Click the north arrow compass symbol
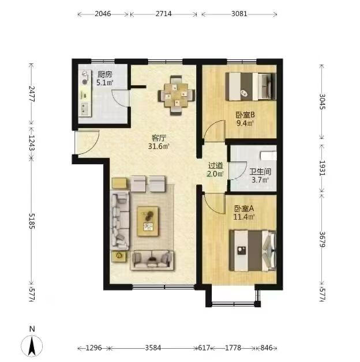pyautogui.click(x=32, y=346)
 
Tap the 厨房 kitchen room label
pyautogui.click(x=104, y=74)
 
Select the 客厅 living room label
pyautogui.click(x=159, y=138)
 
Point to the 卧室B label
pyautogui.click(x=245, y=115)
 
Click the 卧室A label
pyautogui.click(x=244, y=209)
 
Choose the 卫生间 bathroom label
pyautogui.click(x=260, y=172)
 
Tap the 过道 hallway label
pyautogui.click(x=215, y=165)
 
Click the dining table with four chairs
pyautogui.click(x=177, y=95)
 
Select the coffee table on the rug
pyautogui.click(x=148, y=221)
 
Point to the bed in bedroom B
pyautogui.click(x=251, y=86)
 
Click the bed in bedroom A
pyautogui.click(x=253, y=251)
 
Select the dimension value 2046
pyautogui.click(x=103, y=14)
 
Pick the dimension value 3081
pyautogui.click(x=239, y=14)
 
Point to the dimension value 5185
pyautogui.click(x=32, y=221)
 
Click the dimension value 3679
pyautogui.click(x=322, y=239)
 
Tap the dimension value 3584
pyautogui.click(x=153, y=348)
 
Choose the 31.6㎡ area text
pyautogui.click(x=159, y=146)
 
